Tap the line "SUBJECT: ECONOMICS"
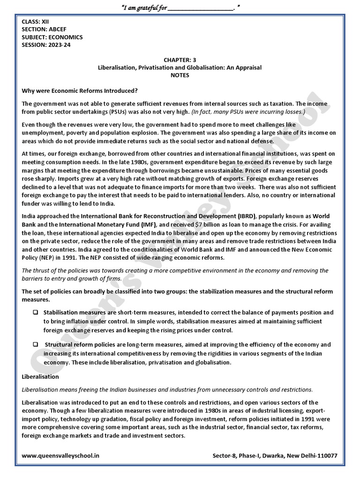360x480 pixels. coord(52,37)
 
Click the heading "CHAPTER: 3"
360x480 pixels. coord(180,60)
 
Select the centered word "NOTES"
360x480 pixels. coord(180,75)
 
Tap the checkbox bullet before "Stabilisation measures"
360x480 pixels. coord(35,312)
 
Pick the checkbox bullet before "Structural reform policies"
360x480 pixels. coord(35,345)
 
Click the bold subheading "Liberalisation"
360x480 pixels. coord(40,376)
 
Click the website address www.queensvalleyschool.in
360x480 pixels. coord(60,456)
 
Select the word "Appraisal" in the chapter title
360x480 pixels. coord(247,67)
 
